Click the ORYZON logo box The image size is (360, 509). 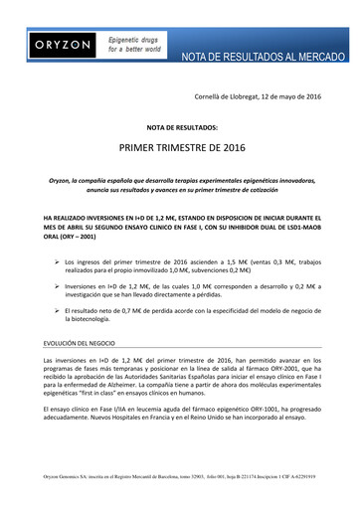click(56, 46)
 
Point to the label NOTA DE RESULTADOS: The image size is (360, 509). click(180, 128)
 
